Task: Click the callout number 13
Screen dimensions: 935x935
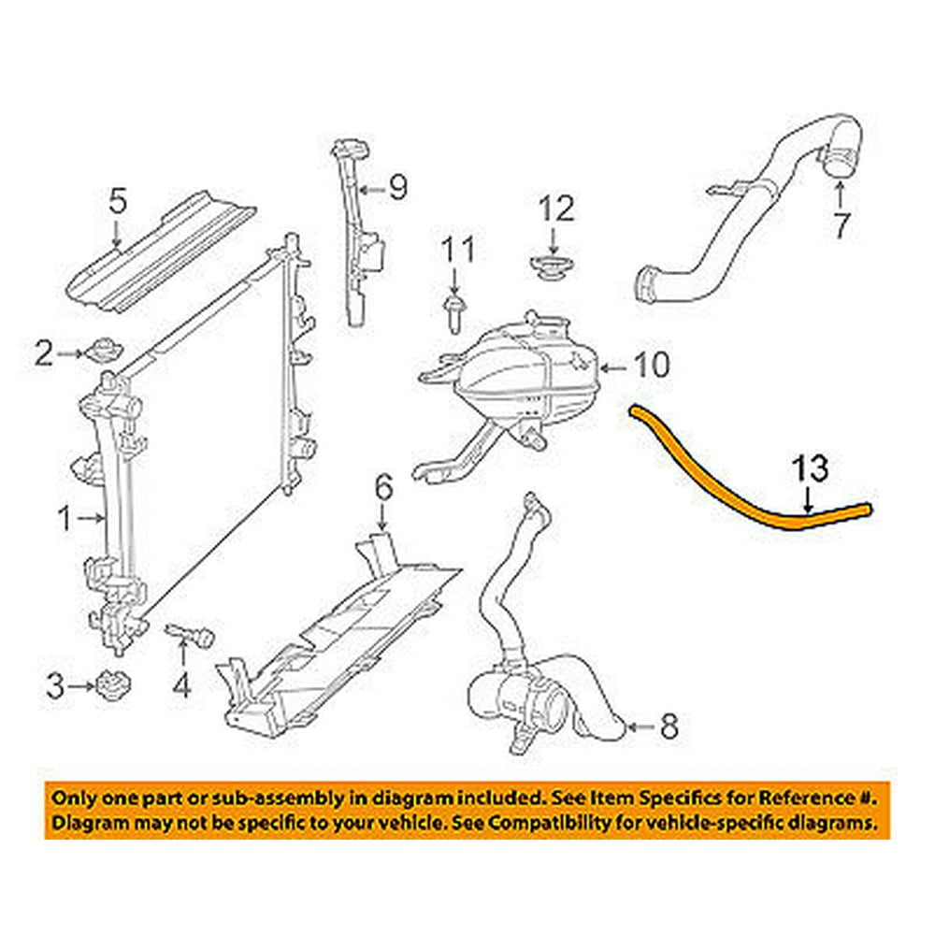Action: pyautogui.click(x=811, y=467)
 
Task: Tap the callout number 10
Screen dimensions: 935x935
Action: pyautogui.click(x=652, y=365)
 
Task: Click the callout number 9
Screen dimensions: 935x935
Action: pyautogui.click(x=398, y=190)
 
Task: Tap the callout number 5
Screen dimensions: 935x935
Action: pyautogui.click(x=117, y=201)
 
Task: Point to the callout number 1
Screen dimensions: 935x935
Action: pyautogui.click(x=65, y=517)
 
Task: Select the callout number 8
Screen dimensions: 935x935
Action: pyautogui.click(x=669, y=726)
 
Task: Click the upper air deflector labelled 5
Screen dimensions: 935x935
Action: pyautogui.click(x=168, y=252)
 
